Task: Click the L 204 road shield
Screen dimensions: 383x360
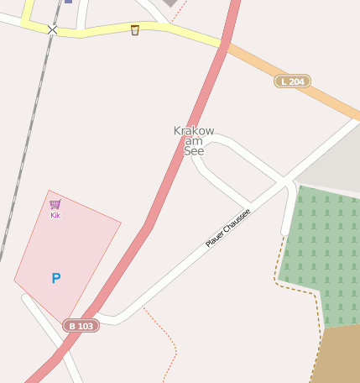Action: pyautogui.click(x=292, y=81)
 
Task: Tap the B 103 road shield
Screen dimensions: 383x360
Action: pyautogui.click(x=81, y=326)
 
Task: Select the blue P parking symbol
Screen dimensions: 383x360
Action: pyautogui.click(x=56, y=278)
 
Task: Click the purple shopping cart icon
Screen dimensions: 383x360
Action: pyautogui.click(x=55, y=204)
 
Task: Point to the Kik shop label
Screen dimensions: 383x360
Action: pyautogui.click(x=55, y=215)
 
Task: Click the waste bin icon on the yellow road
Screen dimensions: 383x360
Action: pyautogui.click(x=135, y=30)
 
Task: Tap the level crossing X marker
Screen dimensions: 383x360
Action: pyautogui.click(x=53, y=29)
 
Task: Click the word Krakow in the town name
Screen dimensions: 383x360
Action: pyautogui.click(x=194, y=131)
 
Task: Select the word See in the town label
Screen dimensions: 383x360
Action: pyautogui.click(x=194, y=151)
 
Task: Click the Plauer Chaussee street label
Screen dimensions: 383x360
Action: pyautogui.click(x=228, y=228)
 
